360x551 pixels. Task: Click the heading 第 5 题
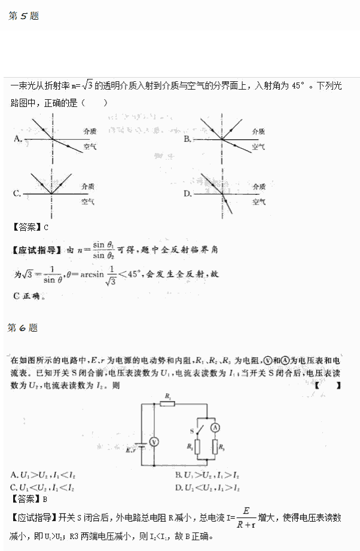pos(23,16)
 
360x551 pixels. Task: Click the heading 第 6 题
pos(23,327)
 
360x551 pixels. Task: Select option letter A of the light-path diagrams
pos(17,139)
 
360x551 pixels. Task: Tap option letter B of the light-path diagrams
pos(187,139)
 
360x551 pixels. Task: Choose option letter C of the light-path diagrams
pos(17,193)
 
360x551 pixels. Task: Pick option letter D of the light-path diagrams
pos(187,193)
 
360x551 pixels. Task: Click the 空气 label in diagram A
pos(90,146)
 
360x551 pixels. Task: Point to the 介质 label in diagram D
pos(259,186)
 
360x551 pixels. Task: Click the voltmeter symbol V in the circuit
pos(154,441)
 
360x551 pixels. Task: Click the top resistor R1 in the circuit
pos(168,404)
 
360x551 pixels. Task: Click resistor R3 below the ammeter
pos(215,446)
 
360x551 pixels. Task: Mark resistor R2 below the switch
pos(197,446)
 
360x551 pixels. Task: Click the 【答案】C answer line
pos(29,226)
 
